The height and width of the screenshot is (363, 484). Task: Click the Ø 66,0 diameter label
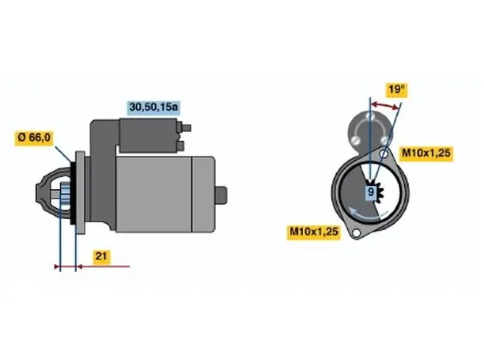34,138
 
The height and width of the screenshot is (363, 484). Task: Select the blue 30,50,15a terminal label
153,107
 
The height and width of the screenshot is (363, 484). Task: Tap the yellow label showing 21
101,256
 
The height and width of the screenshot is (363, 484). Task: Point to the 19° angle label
396,89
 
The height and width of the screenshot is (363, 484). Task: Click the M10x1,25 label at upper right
426,153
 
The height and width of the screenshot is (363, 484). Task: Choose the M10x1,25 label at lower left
314,232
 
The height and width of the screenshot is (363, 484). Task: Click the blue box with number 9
371,192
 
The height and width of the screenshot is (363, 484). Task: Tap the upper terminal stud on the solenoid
184,127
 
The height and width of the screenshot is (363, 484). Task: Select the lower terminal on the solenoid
180,146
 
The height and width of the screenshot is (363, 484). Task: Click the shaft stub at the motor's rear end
221,195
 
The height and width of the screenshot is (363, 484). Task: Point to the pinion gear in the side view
65,195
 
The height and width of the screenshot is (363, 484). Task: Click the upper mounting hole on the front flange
384,153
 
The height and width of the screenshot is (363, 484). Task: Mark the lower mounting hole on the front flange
357,233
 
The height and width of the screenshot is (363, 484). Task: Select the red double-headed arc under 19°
384,105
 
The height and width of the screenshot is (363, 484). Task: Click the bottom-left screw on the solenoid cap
356,140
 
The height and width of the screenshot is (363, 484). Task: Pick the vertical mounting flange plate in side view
80,193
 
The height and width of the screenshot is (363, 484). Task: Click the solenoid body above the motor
148,135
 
